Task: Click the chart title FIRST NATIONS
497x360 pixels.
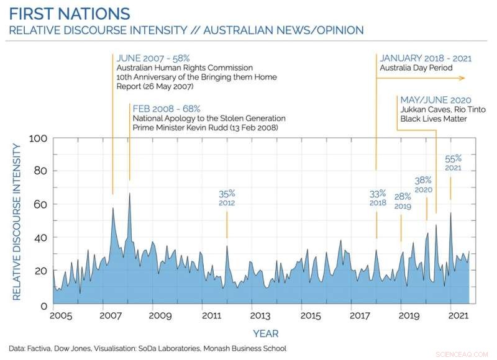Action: coord(70,14)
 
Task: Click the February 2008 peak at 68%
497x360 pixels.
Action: coord(129,194)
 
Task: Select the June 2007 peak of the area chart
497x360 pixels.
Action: coord(112,208)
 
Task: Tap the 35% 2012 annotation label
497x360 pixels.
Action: coord(227,197)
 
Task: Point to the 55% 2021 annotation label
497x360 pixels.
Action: coord(453,163)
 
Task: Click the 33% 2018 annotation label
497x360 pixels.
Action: coord(378,197)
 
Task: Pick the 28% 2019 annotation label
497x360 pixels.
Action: coord(402,201)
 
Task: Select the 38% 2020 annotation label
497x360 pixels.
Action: coord(423,184)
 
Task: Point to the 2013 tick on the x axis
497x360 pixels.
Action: coord(252,315)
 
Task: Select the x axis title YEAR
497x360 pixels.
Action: coord(265,333)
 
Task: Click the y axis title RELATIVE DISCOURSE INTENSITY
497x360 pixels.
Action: coord(17,222)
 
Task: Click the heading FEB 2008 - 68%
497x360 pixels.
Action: coord(166,109)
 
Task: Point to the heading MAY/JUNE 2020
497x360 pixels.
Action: coord(435,100)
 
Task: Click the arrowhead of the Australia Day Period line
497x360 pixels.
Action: coord(462,78)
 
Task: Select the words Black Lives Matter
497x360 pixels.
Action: coord(434,119)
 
